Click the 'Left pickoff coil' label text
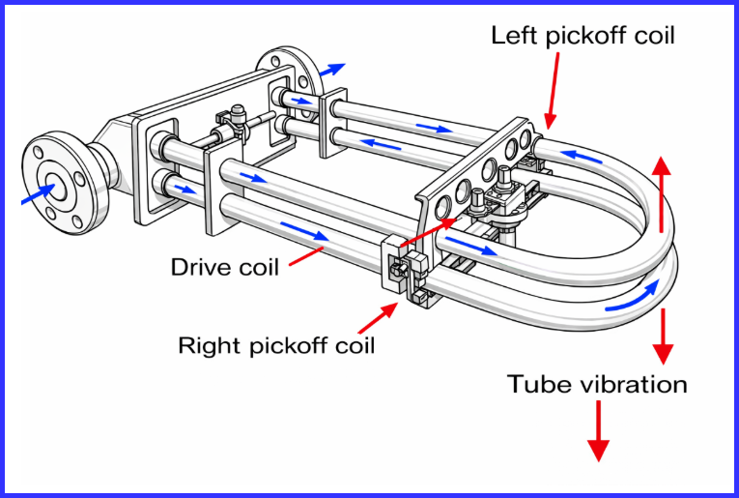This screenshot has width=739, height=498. (583, 37)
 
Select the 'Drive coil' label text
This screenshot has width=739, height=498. (224, 266)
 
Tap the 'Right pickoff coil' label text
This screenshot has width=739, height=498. (276, 345)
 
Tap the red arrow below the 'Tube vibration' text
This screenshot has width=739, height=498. (598, 430)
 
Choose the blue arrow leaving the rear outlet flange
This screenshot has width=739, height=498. (332, 69)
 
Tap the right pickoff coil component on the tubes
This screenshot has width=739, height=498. (405, 271)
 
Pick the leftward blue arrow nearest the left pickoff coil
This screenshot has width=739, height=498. (582, 154)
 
